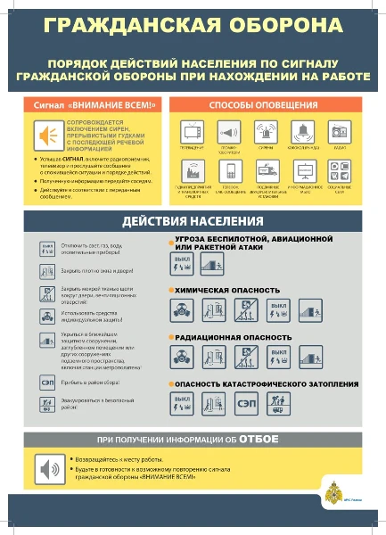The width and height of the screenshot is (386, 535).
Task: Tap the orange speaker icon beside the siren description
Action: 43,135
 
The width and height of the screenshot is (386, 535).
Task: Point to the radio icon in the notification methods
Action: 338,130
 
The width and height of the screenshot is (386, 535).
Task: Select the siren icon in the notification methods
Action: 266,130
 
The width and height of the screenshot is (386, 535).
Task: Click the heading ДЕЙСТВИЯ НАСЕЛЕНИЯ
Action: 193,221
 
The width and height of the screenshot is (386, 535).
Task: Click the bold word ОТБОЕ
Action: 259,440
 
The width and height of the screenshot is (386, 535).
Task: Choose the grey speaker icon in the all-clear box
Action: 45,466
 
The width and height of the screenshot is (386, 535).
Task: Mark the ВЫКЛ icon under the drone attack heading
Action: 183,263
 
